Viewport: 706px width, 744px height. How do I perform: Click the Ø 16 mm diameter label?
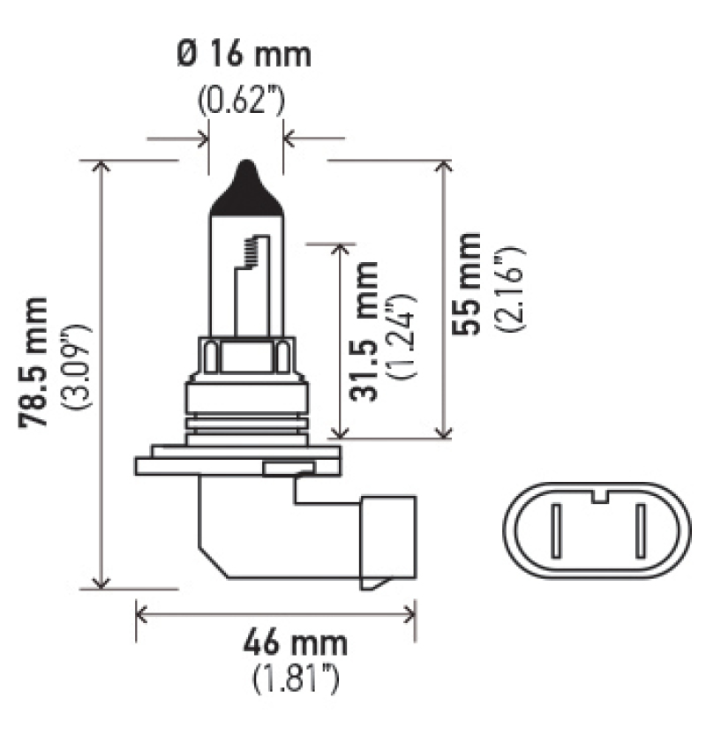[244, 55]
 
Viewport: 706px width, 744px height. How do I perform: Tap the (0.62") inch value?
[240, 100]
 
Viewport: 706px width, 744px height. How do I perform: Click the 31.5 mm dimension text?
[363, 332]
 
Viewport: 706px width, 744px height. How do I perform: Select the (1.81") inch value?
[296, 679]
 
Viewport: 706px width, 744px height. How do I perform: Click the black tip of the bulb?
[245, 190]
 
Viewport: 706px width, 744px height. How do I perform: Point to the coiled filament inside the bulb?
[258, 252]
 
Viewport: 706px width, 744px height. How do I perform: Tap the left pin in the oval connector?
[556, 533]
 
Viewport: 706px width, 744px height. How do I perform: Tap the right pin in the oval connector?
[637, 533]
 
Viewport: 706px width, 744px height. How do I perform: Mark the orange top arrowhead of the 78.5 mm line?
[101, 168]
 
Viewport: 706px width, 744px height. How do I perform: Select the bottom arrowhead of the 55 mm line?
[444, 431]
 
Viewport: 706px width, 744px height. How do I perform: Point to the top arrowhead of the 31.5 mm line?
[340, 249]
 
